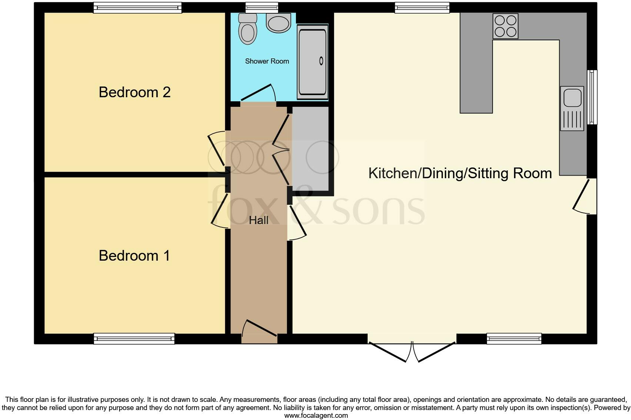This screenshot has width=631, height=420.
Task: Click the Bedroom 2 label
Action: tap(134, 92)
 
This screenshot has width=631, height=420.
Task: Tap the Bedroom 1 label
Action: tap(134, 255)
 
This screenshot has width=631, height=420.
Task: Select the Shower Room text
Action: tap(267, 61)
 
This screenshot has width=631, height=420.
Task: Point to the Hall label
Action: tap(258, 220)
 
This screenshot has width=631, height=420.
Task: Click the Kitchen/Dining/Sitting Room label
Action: tap(460, 173)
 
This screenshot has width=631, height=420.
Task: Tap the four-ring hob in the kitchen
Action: tap(505, 26)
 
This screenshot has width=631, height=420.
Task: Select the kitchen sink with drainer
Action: tap(572, 108)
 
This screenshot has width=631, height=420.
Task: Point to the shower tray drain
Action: tap(321, 61)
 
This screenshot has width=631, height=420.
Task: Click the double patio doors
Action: tap(412, 351)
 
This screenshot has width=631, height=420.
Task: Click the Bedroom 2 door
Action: tap(218, 150)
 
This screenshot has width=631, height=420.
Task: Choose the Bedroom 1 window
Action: tap(134, 338)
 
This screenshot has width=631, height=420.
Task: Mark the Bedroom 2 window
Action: tap(137, 7)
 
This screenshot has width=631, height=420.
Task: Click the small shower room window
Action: tap(261, 7)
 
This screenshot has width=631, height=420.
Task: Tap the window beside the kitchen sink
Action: tap(592, 97)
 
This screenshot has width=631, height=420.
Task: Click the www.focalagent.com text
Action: tap(316, 416)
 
